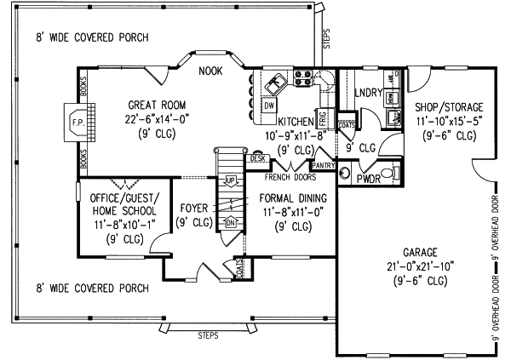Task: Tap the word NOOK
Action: (x=210, y=71)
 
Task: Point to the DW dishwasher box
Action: (x=268, y=106)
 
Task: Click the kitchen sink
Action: (x=275, y=83)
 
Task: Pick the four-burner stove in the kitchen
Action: (x=303, y=78)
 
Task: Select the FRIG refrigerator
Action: (x=323, y=116)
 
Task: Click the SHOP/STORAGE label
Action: (x=449, y=107)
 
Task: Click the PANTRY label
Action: (x=324, y=165)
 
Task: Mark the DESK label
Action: (x=256, y=158)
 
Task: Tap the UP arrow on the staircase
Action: (x=230, y=182)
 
